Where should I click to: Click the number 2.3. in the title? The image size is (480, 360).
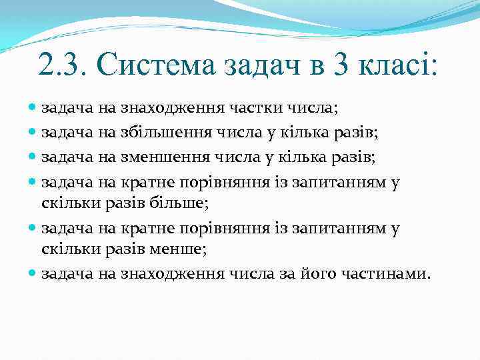click(x=63, y=65)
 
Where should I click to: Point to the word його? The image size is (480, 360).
click(x=325, y=273)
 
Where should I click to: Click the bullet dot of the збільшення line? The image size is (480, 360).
click(x=33, y=133)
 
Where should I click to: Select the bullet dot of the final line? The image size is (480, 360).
click(x=33, y=273)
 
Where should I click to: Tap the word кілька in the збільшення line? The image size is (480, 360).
click(x=284, y=133)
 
